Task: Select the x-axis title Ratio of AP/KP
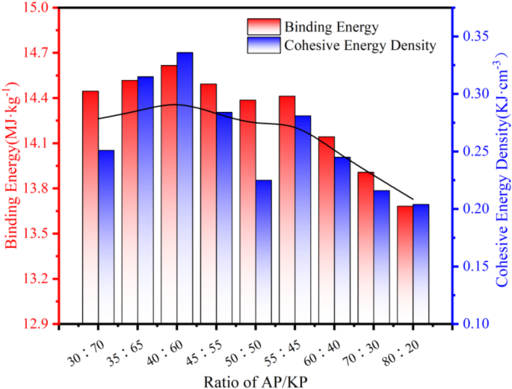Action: (x=254, y=380)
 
